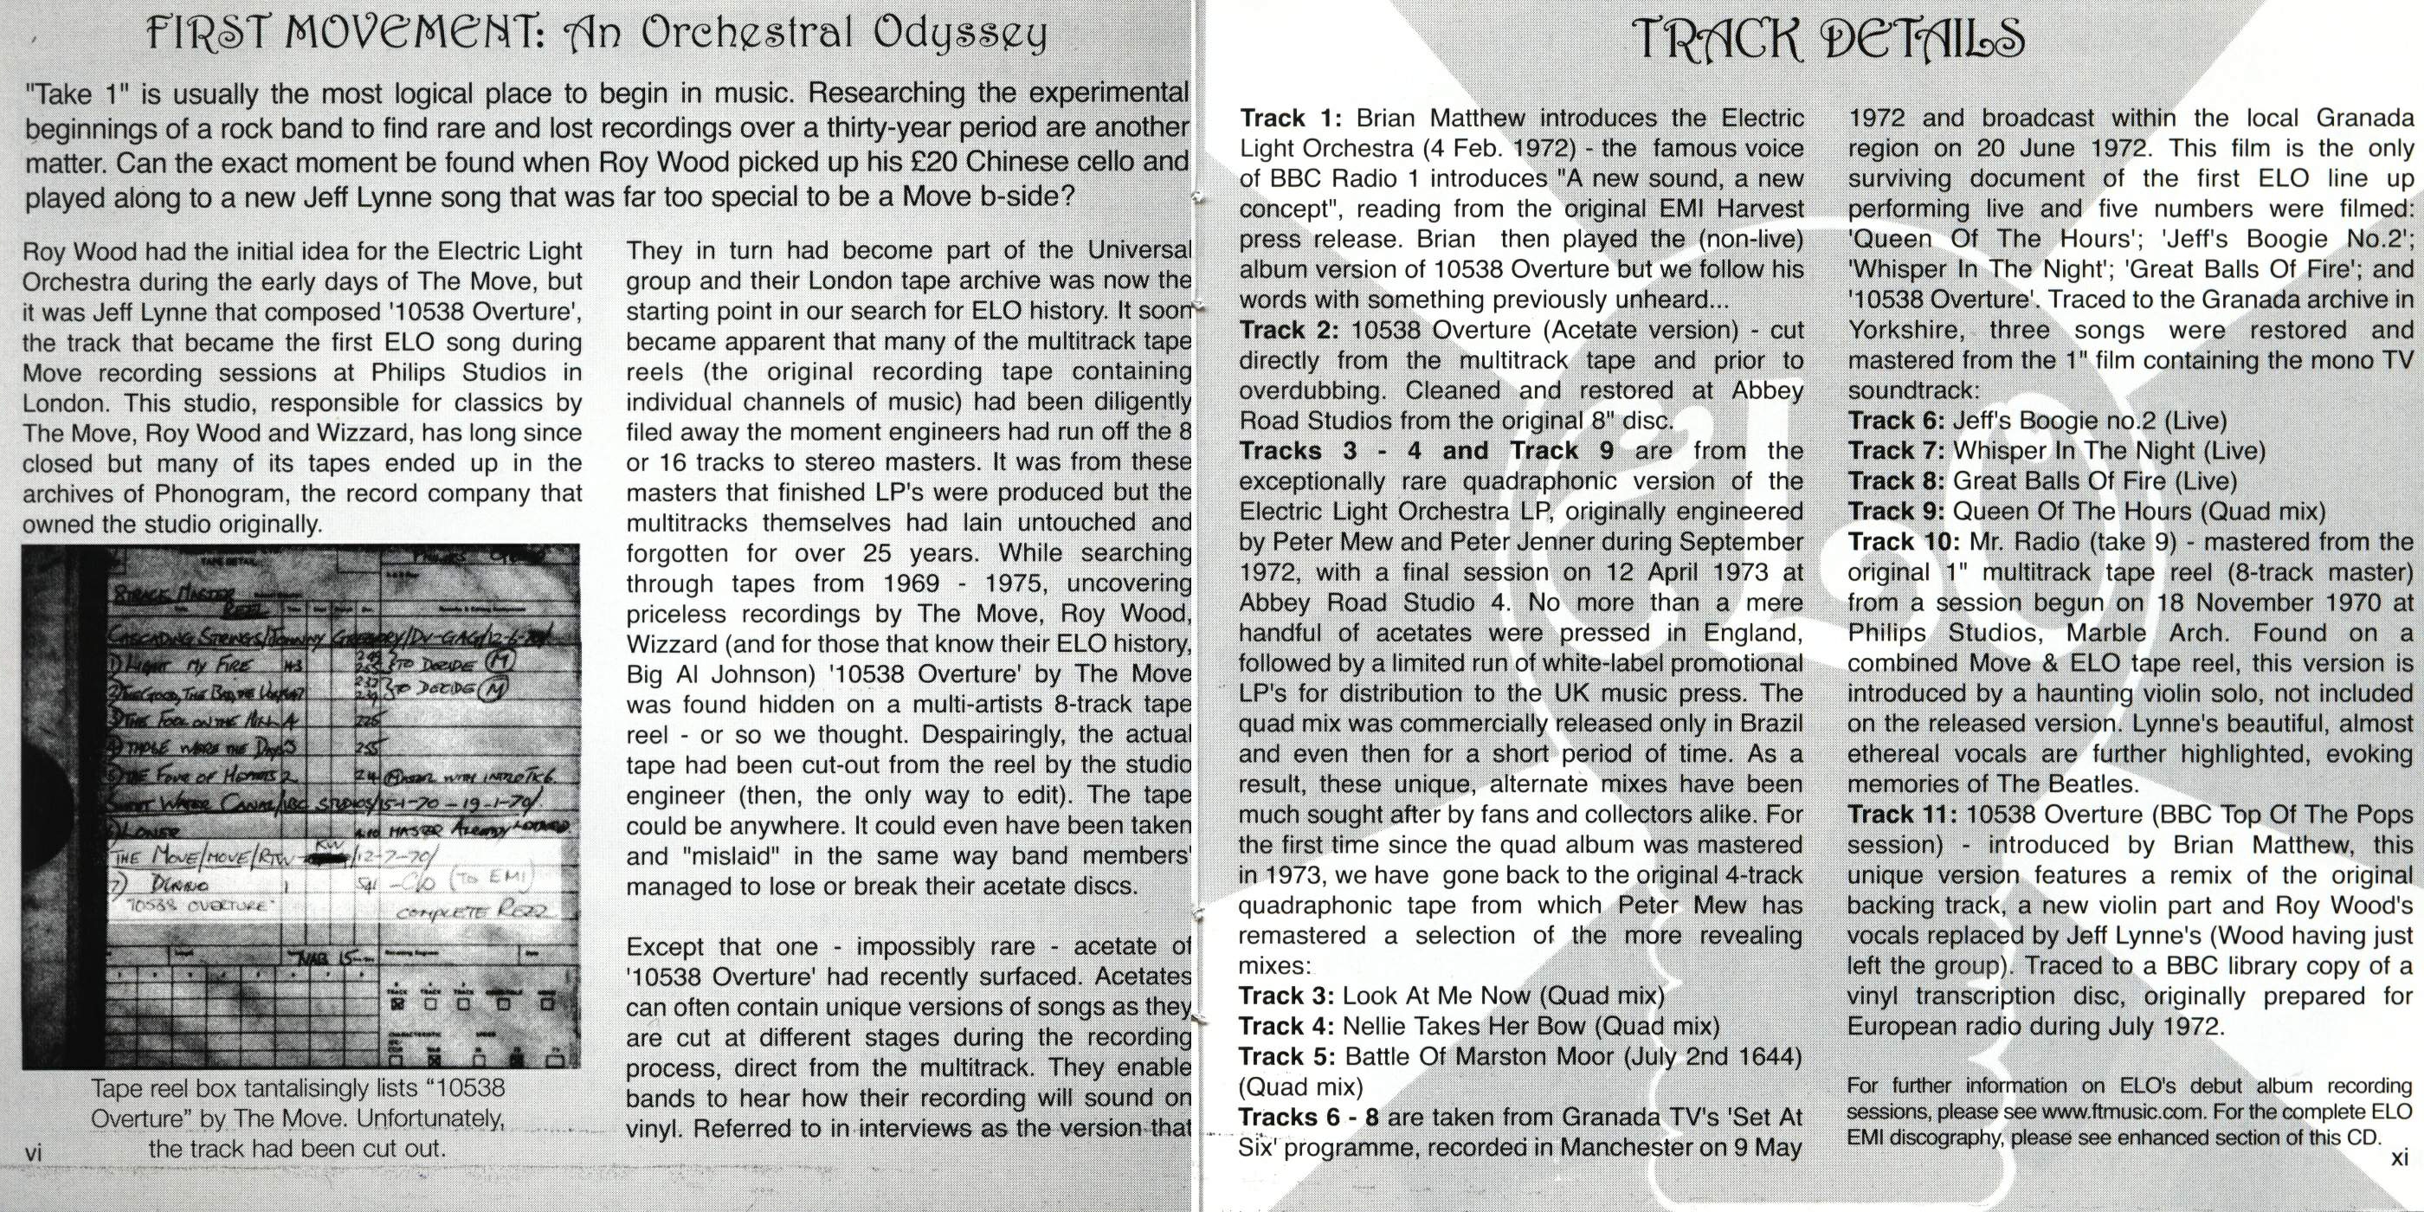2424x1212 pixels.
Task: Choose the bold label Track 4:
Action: pyautogui.click(x=1286, y=1026)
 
